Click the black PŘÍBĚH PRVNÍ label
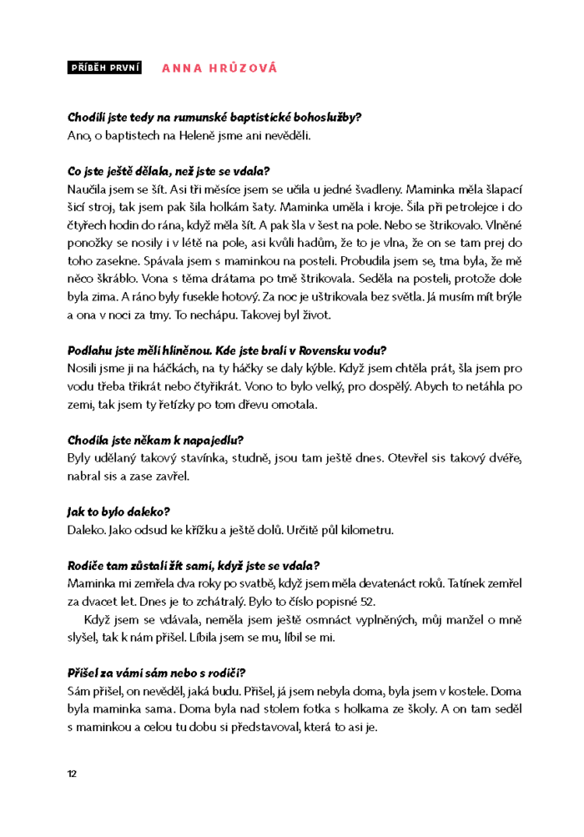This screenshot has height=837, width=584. click(x=103, y=68)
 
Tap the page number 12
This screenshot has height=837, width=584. click(x=72, y=773)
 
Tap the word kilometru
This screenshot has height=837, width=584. click(x=360, y=529)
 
